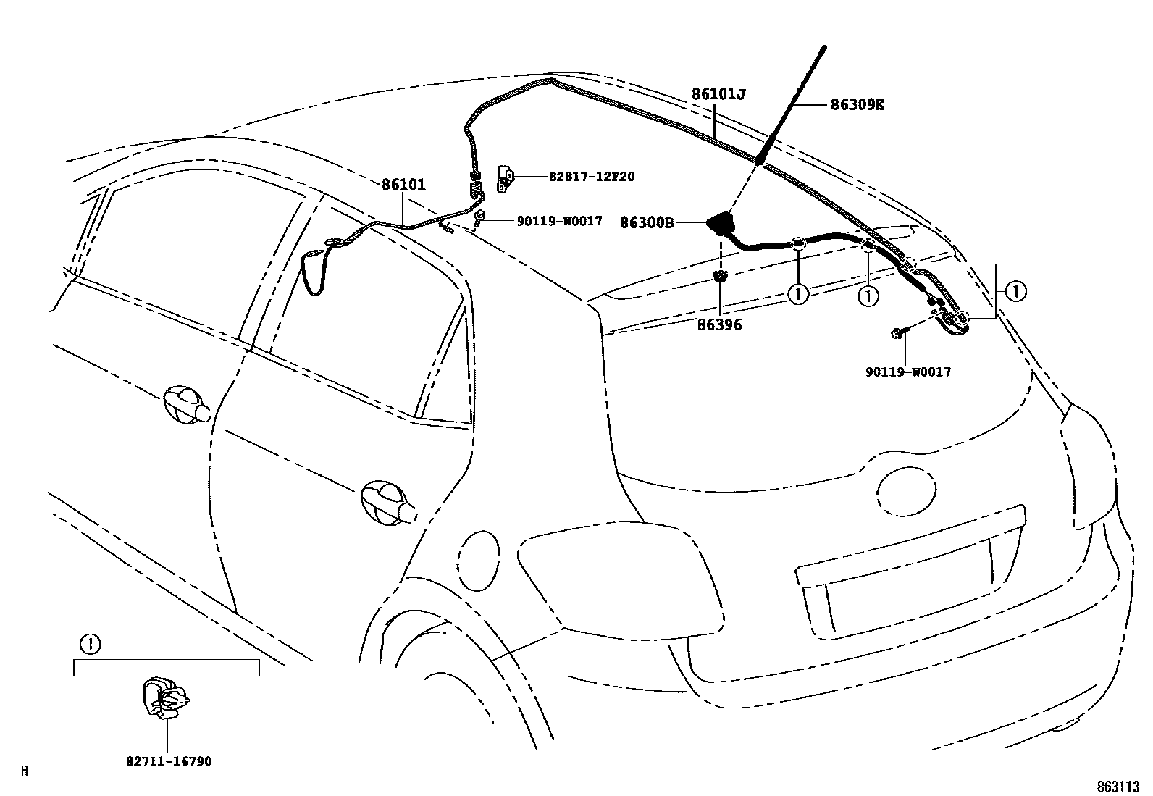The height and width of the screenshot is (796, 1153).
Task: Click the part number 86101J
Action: pos(718,94)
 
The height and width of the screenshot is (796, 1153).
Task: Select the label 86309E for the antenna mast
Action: pos(857,104)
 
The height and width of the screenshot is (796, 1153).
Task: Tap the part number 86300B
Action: pos(647,223)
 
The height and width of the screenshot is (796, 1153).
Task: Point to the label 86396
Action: pos(720,325)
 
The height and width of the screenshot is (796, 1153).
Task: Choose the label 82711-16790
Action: pos(169,761)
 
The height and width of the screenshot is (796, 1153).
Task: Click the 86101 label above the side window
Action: pos(403,185)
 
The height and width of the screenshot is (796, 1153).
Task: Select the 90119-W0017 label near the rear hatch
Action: pos(907,372)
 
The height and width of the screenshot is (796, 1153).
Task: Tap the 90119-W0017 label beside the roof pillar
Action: pos(559,221)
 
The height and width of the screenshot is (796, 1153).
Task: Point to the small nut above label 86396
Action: pos(720,275)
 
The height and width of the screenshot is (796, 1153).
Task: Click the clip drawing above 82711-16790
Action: pos(165,697)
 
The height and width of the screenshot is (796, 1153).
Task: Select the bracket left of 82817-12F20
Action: pos(506,178)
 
